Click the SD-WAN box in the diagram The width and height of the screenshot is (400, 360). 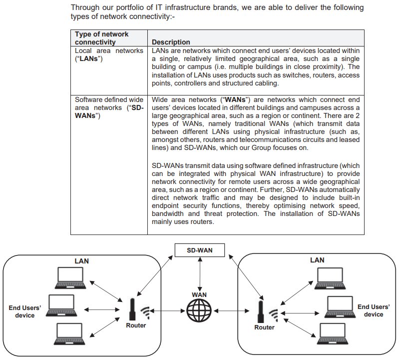199,249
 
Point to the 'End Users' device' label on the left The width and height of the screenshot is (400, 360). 25,311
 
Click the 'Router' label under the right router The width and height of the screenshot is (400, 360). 265,327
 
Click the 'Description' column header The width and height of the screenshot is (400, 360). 171,42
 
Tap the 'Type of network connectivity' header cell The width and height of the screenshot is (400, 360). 102,38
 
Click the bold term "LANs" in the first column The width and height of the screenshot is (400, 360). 88,58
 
